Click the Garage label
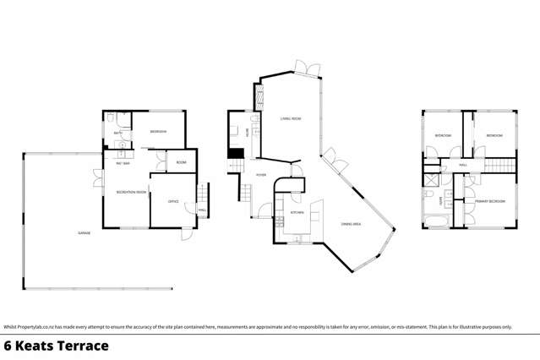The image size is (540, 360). (84, 232)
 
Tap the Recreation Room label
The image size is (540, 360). (131, 193)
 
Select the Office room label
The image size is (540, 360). (172, 201)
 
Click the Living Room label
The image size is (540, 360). (291, 119)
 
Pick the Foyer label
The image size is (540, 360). (262, 175)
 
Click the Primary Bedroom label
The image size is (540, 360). (490, 201)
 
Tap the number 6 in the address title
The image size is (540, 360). (9, 346)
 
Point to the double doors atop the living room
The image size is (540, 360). (303, 68)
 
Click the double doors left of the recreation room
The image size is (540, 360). (97, 178)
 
